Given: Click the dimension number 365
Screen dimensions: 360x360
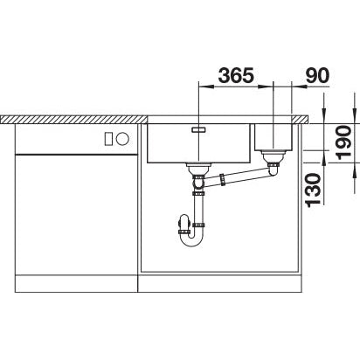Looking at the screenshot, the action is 236,75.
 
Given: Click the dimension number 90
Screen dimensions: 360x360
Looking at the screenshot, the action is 317,75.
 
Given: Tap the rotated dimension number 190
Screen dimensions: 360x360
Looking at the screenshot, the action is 343,142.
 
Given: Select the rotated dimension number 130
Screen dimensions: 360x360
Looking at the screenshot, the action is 313,190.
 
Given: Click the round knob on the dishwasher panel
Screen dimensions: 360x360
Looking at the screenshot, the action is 122,138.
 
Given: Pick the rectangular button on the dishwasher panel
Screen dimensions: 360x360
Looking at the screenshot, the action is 108,138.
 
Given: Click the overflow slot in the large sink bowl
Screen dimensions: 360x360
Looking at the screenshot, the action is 199,130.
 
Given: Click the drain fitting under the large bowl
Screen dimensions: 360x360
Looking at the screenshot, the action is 198,169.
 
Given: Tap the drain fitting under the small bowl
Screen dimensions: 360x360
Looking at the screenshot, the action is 273,156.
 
